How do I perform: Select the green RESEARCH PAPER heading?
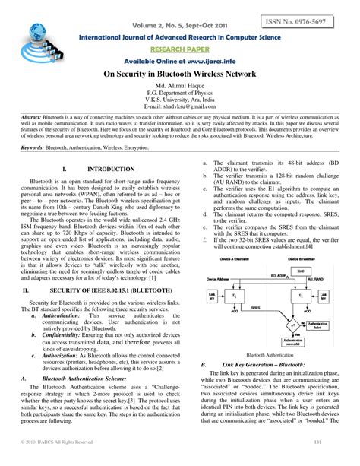click(x=178, y=48)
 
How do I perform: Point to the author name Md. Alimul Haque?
click(x=180, y=89)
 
